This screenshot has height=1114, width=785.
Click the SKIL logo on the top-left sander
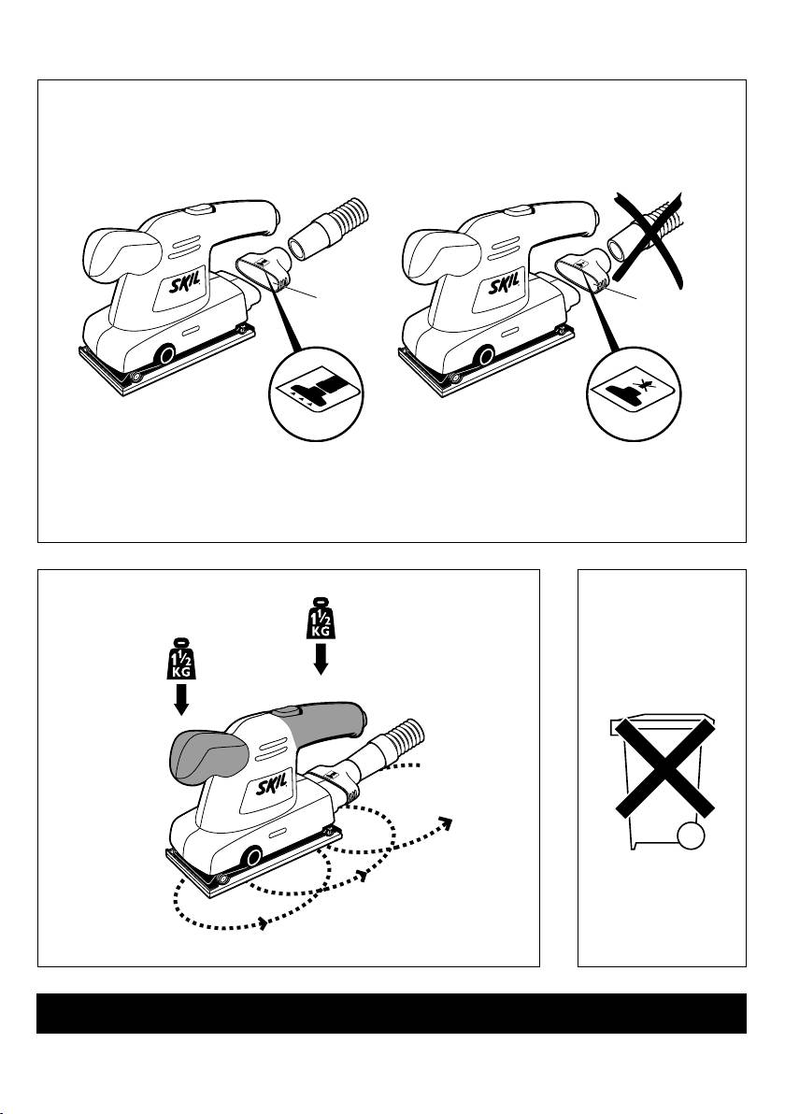(185, 286)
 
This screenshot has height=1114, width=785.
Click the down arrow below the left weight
(182, 698)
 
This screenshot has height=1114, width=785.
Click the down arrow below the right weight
(321, 657)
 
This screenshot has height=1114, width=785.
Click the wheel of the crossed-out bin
(691, 836)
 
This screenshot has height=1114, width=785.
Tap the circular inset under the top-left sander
(317, 394)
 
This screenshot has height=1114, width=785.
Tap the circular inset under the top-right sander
(634, 394)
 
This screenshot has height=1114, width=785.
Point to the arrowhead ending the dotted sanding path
(446, 822)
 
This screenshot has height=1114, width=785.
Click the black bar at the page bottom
(392, 1013)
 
